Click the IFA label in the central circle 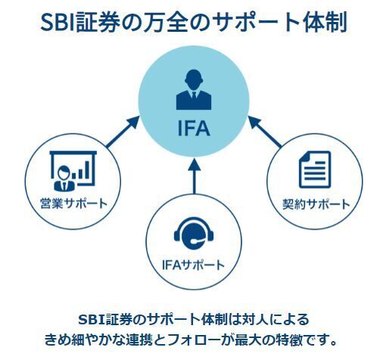(x=194, y=128)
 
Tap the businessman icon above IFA (x=194, y=89)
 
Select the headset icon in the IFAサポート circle (x=194, y=233)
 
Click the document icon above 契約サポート (x=315, y=170)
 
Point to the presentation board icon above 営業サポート (x=73, y=171)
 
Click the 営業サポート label (x=74, y=203)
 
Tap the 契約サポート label (x=316, y=204)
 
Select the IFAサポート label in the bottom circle (x=193, y=265)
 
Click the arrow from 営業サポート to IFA (x=123, y=131)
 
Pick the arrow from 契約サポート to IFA (x=264, y=131)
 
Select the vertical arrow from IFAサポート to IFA (x=194, y=176)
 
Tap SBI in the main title (x=58, y=22)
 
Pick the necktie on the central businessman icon (x=194, y=96)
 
